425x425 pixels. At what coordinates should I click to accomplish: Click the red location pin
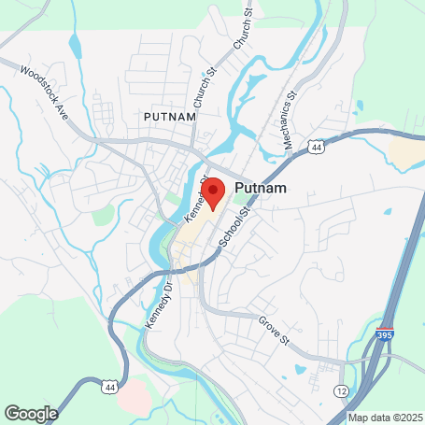pos(214,192)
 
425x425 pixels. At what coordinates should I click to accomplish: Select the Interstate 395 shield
pos(388,333)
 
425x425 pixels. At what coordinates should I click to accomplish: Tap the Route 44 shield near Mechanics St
pos(319,148)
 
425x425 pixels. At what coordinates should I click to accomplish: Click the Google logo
pos(31,413)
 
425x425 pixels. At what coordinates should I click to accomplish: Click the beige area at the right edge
pos(408,153)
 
